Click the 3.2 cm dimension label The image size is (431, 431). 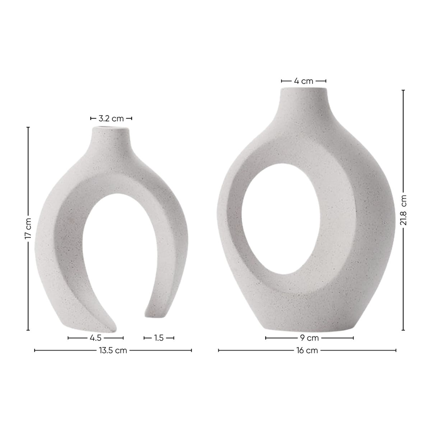pos(111,118)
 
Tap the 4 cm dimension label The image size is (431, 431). pos(303,81)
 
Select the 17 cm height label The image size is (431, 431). pos(28,228)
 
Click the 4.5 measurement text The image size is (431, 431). pos(96,338)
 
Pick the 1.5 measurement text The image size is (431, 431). pos(159,338)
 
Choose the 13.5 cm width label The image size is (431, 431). pos(113,351)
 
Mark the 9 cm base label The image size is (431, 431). pos(309,338)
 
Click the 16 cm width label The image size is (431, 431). pos(307,351)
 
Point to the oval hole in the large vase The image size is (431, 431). pos(282,219)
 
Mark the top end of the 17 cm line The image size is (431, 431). pos(28,127)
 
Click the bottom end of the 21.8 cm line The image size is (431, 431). pos(403,330)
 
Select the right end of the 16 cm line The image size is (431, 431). pos(396,351)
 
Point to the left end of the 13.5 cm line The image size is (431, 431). pos(34,351)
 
